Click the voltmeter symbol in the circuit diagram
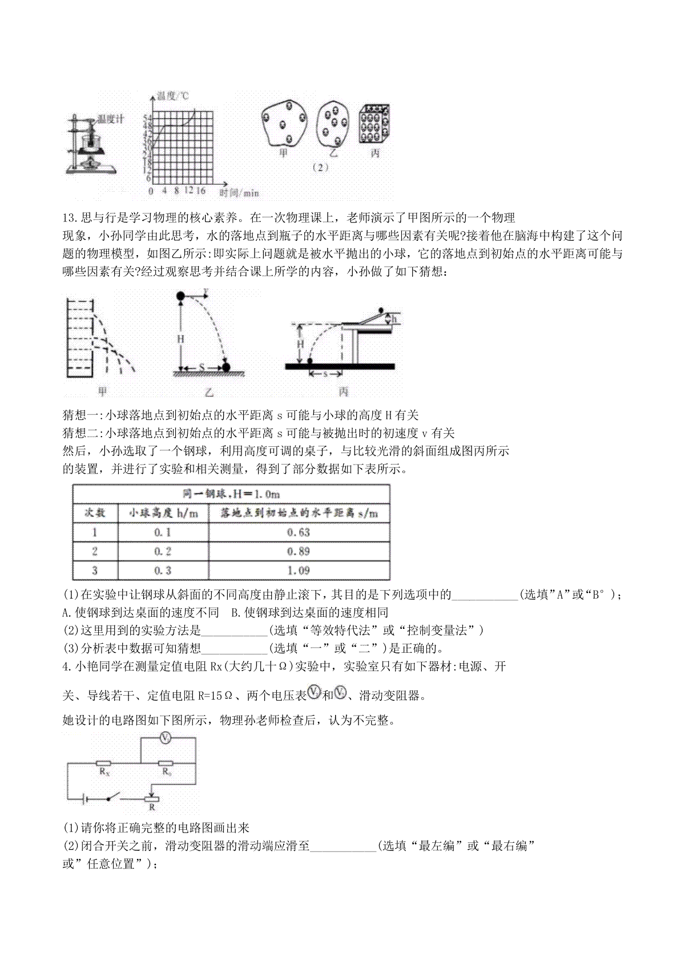click(165, 738)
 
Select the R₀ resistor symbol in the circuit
click(167, 763)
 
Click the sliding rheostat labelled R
click(152, 799)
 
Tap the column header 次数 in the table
click(95, 513)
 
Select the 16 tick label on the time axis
click(201, 191)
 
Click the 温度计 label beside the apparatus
click(111, 119)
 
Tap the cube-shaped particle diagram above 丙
click(375, 124)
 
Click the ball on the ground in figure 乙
click(227, 368)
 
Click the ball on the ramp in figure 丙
click(381, 310)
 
